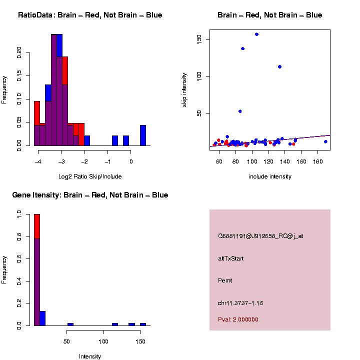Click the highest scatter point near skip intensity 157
[256, 34]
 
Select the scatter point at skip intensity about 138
[242, 48]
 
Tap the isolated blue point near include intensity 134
[279, 66]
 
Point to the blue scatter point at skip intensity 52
[240, 111]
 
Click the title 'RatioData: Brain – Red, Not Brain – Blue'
[90, 15]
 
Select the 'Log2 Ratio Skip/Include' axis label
[90, 176]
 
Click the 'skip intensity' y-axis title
[185, 90]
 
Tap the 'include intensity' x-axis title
[270, 176]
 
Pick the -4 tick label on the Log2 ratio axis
[38, 161]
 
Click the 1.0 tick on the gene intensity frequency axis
[19, 214]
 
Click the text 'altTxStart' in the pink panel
[231, 258]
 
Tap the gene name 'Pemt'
[225, 280]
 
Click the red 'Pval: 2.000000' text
[238, 319]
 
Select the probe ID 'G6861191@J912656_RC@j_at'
[260, 236]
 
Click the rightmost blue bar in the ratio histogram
[143, 135]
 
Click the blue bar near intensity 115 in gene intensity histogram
[115, 324]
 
